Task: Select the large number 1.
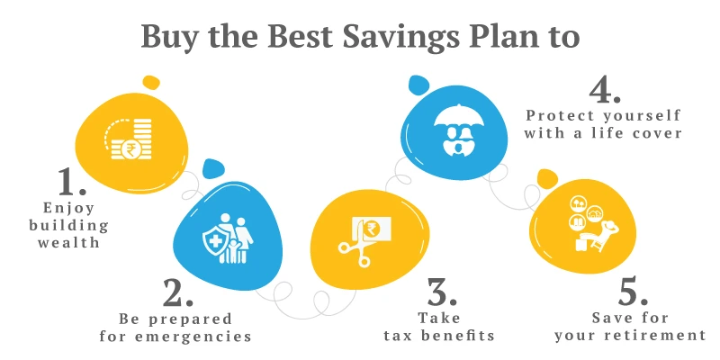pyautogui.click(x=70, y=182)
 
